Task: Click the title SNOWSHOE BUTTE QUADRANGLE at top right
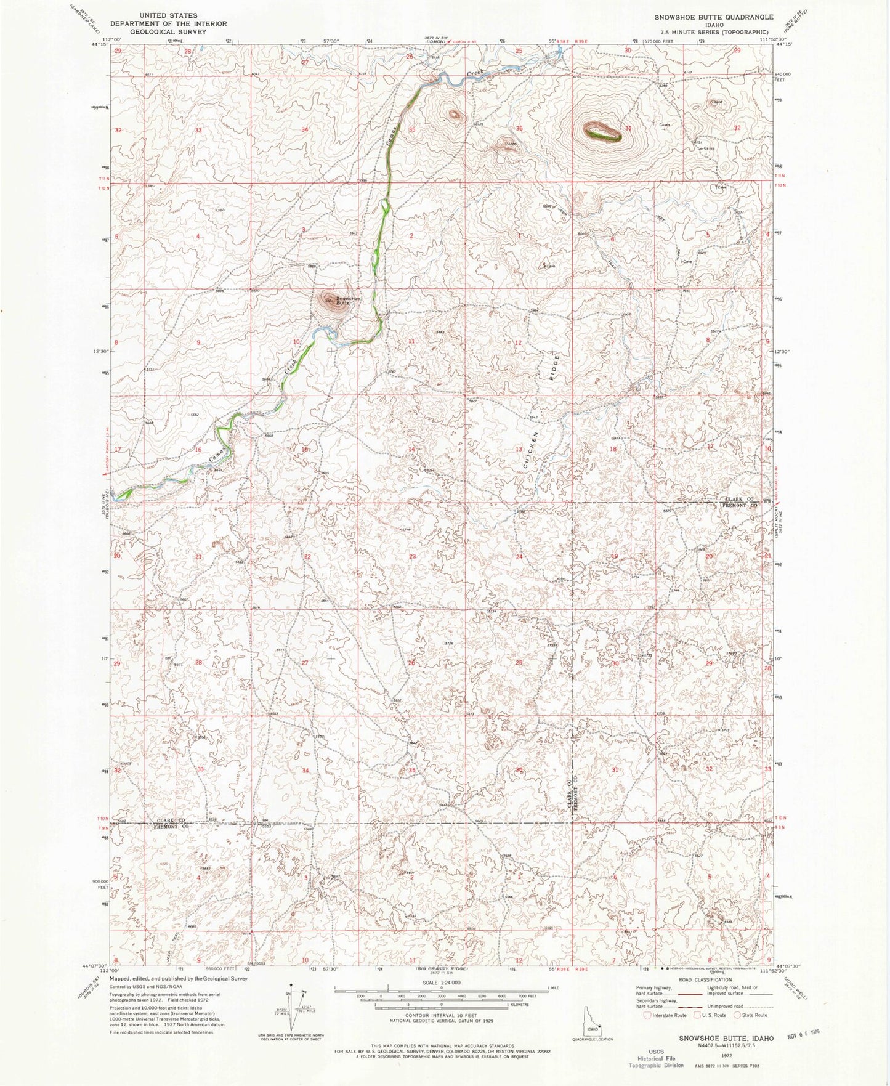[711, 17]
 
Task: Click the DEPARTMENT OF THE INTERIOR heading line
[168, 23]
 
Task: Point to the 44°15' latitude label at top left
[99, 44]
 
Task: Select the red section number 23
[412, 556]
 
